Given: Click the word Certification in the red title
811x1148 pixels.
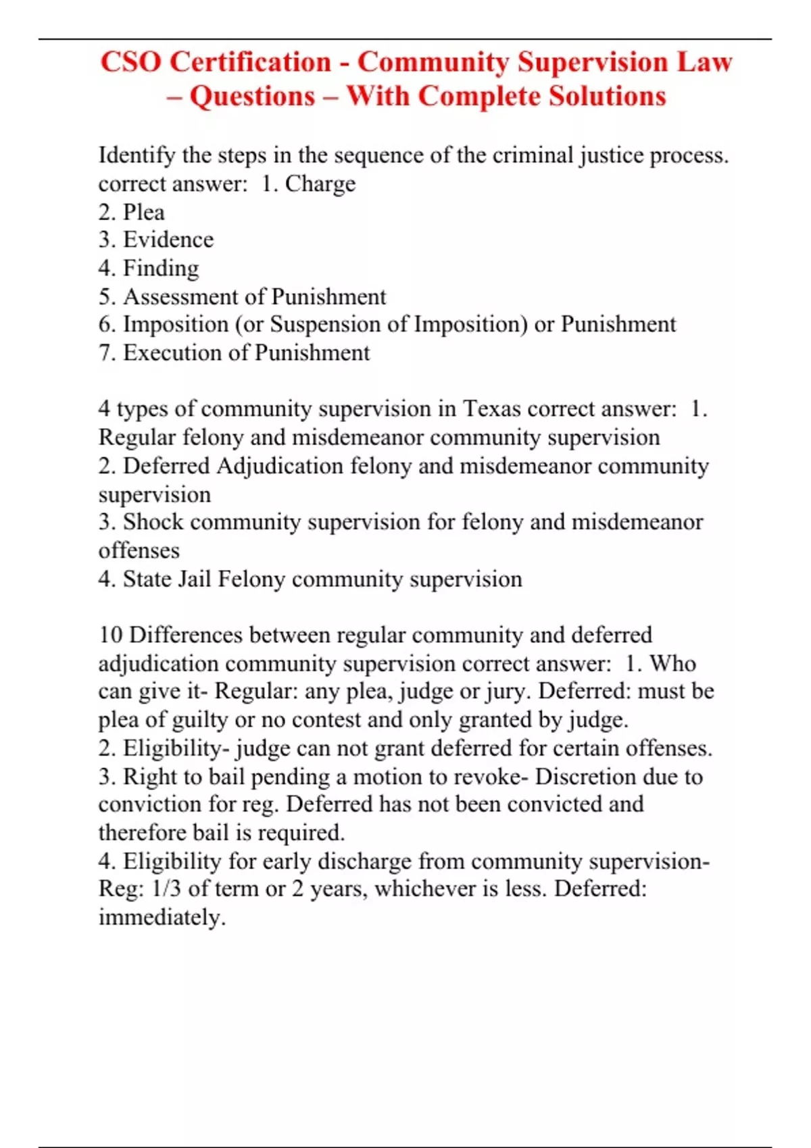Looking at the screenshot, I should (x=250, y=62).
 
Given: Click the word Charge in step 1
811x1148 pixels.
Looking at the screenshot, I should (x=320, y=184).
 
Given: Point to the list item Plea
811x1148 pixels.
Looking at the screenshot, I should (x=144, y=212).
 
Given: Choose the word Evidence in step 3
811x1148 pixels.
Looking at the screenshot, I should (x=168, y=240).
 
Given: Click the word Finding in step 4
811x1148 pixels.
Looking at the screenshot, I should (x=161, y=268).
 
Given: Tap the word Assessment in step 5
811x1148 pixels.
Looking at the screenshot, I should (x=180, y=296).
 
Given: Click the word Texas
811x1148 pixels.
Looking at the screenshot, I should (x=491, y=409).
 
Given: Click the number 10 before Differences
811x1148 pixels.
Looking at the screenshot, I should (x=110, y=635).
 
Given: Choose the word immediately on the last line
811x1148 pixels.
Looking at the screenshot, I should (x=161, y=917).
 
